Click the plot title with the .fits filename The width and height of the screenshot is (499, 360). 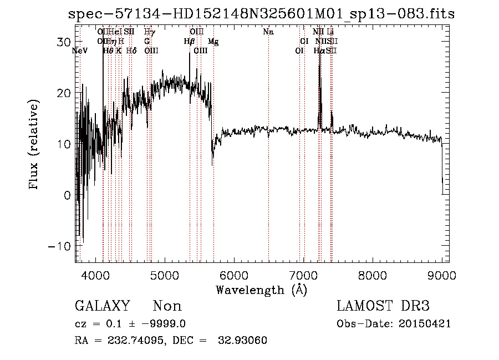click(261, 14)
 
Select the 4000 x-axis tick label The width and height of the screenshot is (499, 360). click(95, 275)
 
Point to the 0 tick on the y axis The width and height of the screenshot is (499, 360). click(67, 195)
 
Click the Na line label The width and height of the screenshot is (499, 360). click(268, 32)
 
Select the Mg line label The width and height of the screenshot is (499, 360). click(213, 42)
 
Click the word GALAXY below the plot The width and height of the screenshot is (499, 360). click(103, 306)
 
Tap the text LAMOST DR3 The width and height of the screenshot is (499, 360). click(383, 306)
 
